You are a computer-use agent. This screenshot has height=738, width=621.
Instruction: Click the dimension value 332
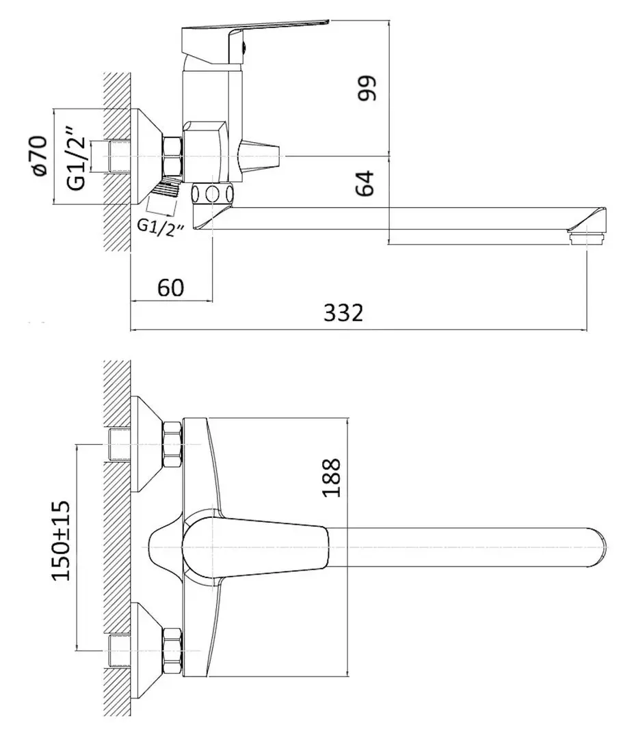click(x=343, y=314)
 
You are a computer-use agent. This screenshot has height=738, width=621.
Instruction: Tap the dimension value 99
click(x=367, y=87)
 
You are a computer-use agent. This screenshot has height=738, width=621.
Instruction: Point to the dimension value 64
click(x=367, y=182)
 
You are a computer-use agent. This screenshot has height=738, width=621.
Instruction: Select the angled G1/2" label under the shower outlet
click(x=161, y=227)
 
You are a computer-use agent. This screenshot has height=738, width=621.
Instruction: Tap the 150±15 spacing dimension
click(x=62, y=541)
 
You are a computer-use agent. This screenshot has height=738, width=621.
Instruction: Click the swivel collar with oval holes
click(x=213, y=193)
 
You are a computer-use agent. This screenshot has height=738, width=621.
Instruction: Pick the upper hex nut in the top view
click(x=171, y=442)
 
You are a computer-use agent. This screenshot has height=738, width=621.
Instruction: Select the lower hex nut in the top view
click(x=171, y=648)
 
